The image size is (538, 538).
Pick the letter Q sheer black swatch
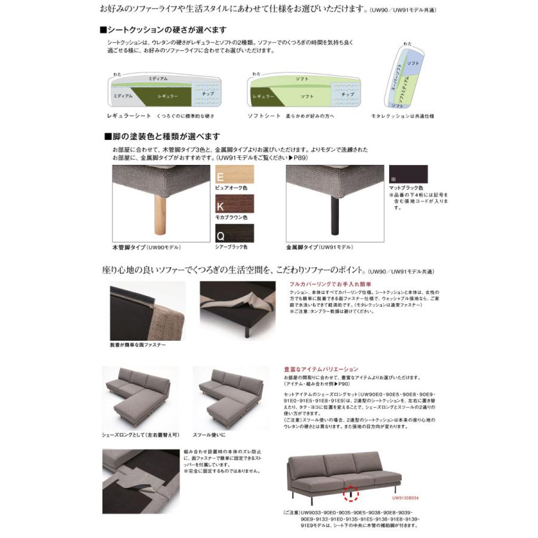(x=234, y=233)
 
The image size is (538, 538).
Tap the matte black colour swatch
(x=409, y=174)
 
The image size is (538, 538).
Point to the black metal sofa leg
(x=334, y=215)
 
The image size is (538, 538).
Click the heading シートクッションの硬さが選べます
(x=163, y=29)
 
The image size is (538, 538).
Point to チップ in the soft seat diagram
(x=347, y=94)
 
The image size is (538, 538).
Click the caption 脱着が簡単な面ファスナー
(x=138, y=345)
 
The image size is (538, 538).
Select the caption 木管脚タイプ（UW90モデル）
(x=146, y=247)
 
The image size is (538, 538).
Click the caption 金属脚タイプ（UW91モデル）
(x=319, y=247)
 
